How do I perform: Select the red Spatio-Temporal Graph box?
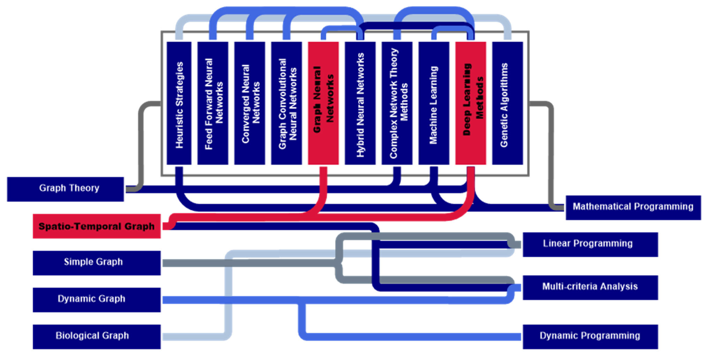pyautogui.click(x=97, y=226)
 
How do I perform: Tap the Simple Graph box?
pyautogui.click(x=97, y=263)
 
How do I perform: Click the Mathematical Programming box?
pyautogui.click(x=633, y=207)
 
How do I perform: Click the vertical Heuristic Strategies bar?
pyautogui.click(x=179, y=103)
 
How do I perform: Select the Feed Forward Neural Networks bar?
pyautogui.click(x=213, y=103)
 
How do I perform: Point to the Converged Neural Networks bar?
pyautogui.click(x=250, y=103)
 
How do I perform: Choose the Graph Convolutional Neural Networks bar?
pyautogui.click(x=286, y=103)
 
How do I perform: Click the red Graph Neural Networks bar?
pyautogui.click(x=323, y=103)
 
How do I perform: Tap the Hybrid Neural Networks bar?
pyautogui.click(x=360, y=103)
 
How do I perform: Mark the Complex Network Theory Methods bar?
pyautogui.click(x=397, y=103)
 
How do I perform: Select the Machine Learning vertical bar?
pyautogui.click(x=434, y=103)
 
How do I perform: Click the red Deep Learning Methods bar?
pyautogui.click(x=470, y=103)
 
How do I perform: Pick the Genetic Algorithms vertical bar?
pyautogui.click(x=507, y=103)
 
